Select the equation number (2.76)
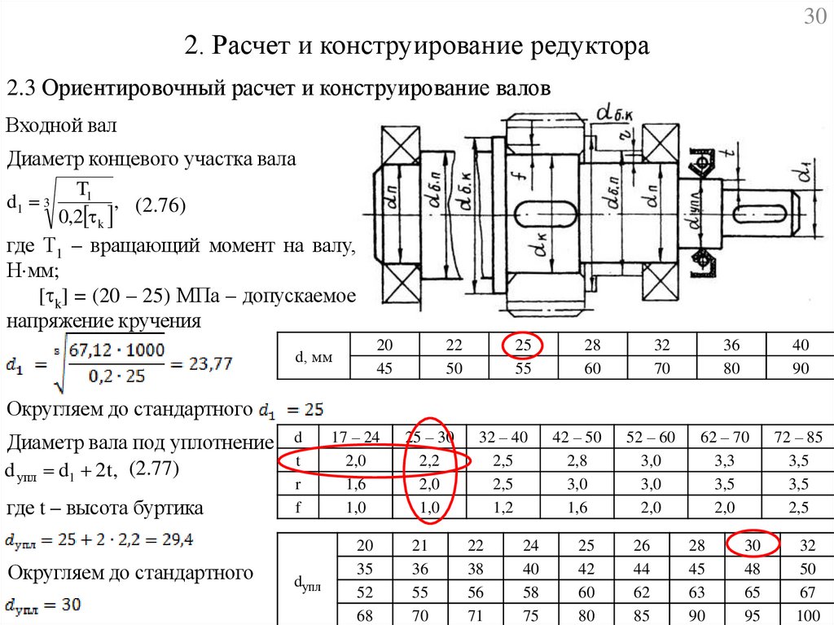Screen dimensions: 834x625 [x=160, y=207]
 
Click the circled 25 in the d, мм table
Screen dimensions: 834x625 [x=524, y=346]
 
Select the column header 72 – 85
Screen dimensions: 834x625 [x=799, y=438]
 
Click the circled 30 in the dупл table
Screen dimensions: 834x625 [x=753, y=545]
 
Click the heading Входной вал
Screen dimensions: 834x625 [x=62, y=125]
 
